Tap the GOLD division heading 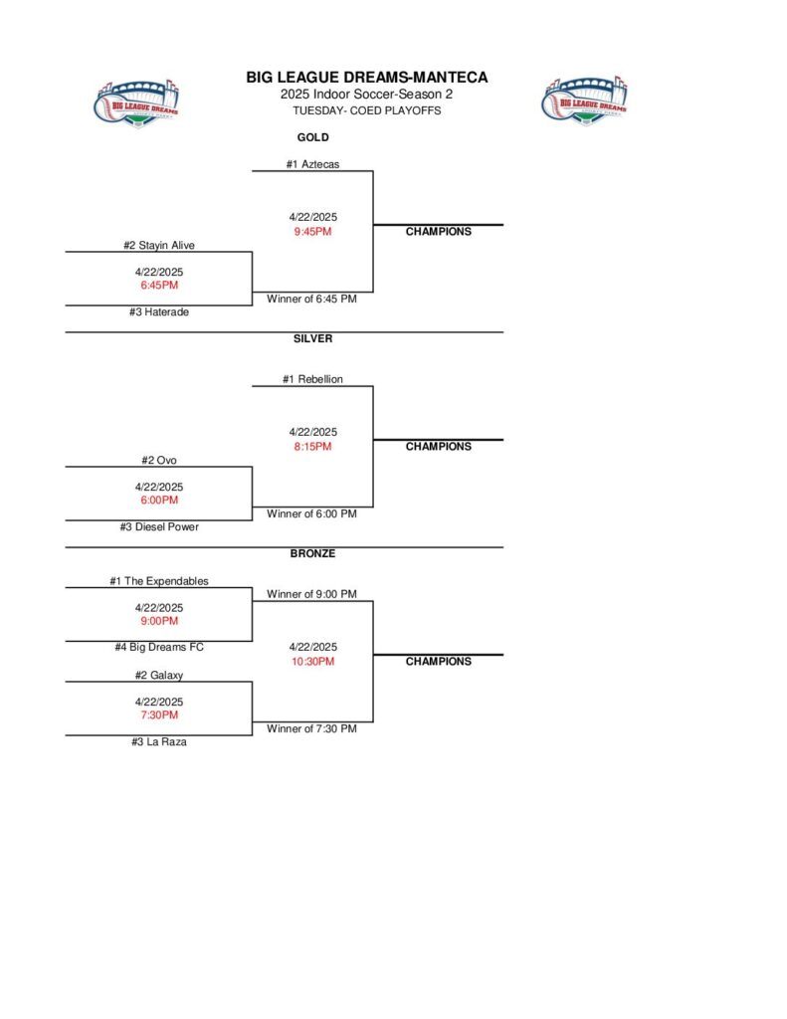(x=312, y=137)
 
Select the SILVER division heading (x=312, y=338)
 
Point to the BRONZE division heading (x=312, y=553)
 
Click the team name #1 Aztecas (x=312, y=164)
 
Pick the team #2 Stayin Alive (x=159, y=245)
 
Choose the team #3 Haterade (x=159, y=311)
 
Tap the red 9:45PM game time (x=312, y=232)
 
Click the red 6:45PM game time (x=159, y=285)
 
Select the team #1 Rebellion (x=312, y=379)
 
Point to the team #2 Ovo (x=159, y=460)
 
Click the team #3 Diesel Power (x=159, y=526)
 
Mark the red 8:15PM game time (x=312, y=447)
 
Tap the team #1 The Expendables (x=159, y=581)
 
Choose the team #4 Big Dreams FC (x=159, y=647)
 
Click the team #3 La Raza (x=159, y=741)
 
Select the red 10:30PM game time (x=312, y=661)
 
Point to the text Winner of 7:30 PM (x=311, y=728)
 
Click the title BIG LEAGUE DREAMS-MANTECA (x=367, y=78)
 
